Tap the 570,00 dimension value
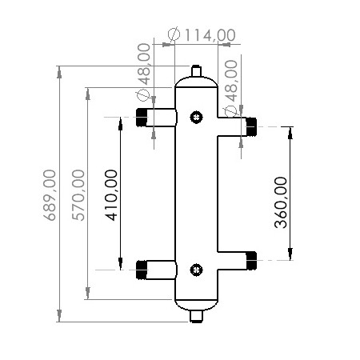(78, 194)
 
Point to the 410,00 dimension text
(111, 194)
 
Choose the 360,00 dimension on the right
(280, 202)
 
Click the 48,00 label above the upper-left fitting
(145, 66)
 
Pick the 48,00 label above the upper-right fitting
(232, 80)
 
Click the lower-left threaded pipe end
(144, 270)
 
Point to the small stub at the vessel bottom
(196, 318)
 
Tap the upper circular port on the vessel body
(196, 118)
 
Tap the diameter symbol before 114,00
(174, 34)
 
